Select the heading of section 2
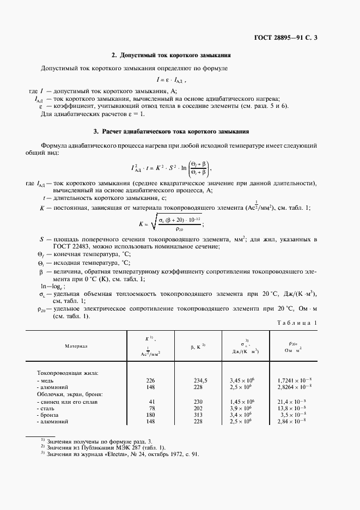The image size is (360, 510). pyautogui.click(x=172, y=56)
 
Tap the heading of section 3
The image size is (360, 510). pyautogui.click(x=172, y=132)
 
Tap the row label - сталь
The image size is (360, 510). pyautogui.click(x=46, y=408)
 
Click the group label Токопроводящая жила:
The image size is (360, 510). pyautogui.click(x=68, y=373)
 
